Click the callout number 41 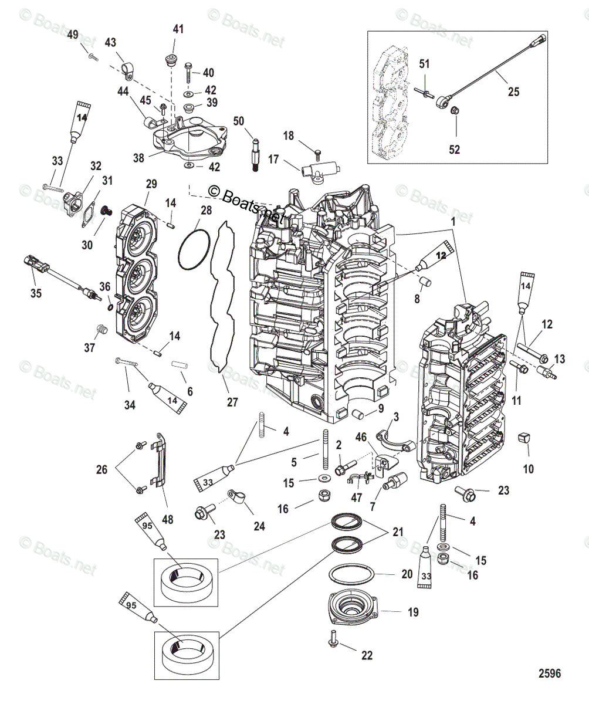(x=178, y=29)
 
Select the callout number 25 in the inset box (x=513, y=92)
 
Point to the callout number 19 (x=413, y=612)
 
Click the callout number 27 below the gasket (x=233, y=402)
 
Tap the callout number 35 (x=36, y=293)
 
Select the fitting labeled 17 (x=320, y=170)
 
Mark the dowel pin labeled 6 (x=180, y=364)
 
